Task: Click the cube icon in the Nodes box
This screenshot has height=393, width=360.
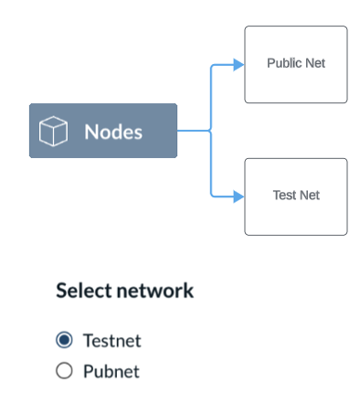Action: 54,131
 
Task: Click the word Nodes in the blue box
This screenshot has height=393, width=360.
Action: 113,132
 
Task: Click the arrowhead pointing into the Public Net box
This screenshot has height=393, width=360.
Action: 238,65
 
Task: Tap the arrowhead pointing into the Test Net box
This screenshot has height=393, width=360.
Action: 238,196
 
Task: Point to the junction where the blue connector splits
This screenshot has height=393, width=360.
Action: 211,131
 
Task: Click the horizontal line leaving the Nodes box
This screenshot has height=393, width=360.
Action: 192,131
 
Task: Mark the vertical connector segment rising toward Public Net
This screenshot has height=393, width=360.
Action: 211,96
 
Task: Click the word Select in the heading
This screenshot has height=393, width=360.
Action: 81,291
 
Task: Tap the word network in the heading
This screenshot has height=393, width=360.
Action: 152,291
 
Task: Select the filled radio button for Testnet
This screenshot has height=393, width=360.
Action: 64,341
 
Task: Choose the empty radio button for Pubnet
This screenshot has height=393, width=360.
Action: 64,371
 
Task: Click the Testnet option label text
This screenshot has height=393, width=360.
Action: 111,341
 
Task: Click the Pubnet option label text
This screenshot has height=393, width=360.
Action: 111,371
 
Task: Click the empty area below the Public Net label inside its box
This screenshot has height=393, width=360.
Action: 296,87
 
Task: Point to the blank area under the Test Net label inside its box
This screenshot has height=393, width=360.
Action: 296,218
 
